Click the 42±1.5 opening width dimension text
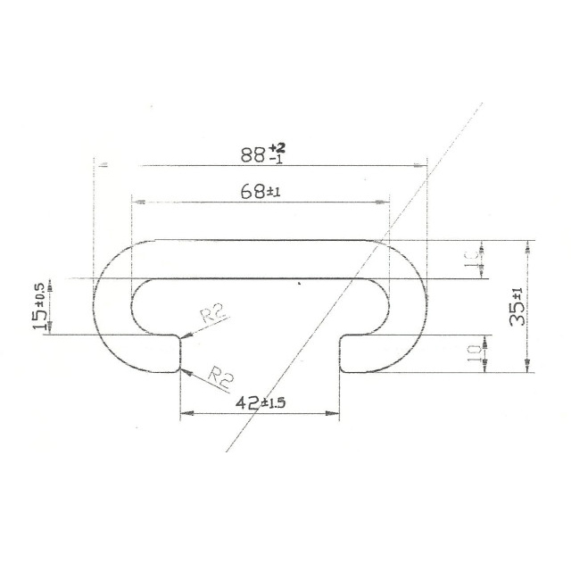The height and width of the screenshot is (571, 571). click(x=260, y=402)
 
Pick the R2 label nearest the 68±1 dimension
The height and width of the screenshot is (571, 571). click(x=211, y=314)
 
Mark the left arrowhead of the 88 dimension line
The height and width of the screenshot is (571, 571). click(x=101, y=165)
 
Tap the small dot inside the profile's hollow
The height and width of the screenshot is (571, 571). click(x=299, y=285)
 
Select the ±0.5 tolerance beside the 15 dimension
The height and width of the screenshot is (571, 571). click(x=39, y=292)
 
